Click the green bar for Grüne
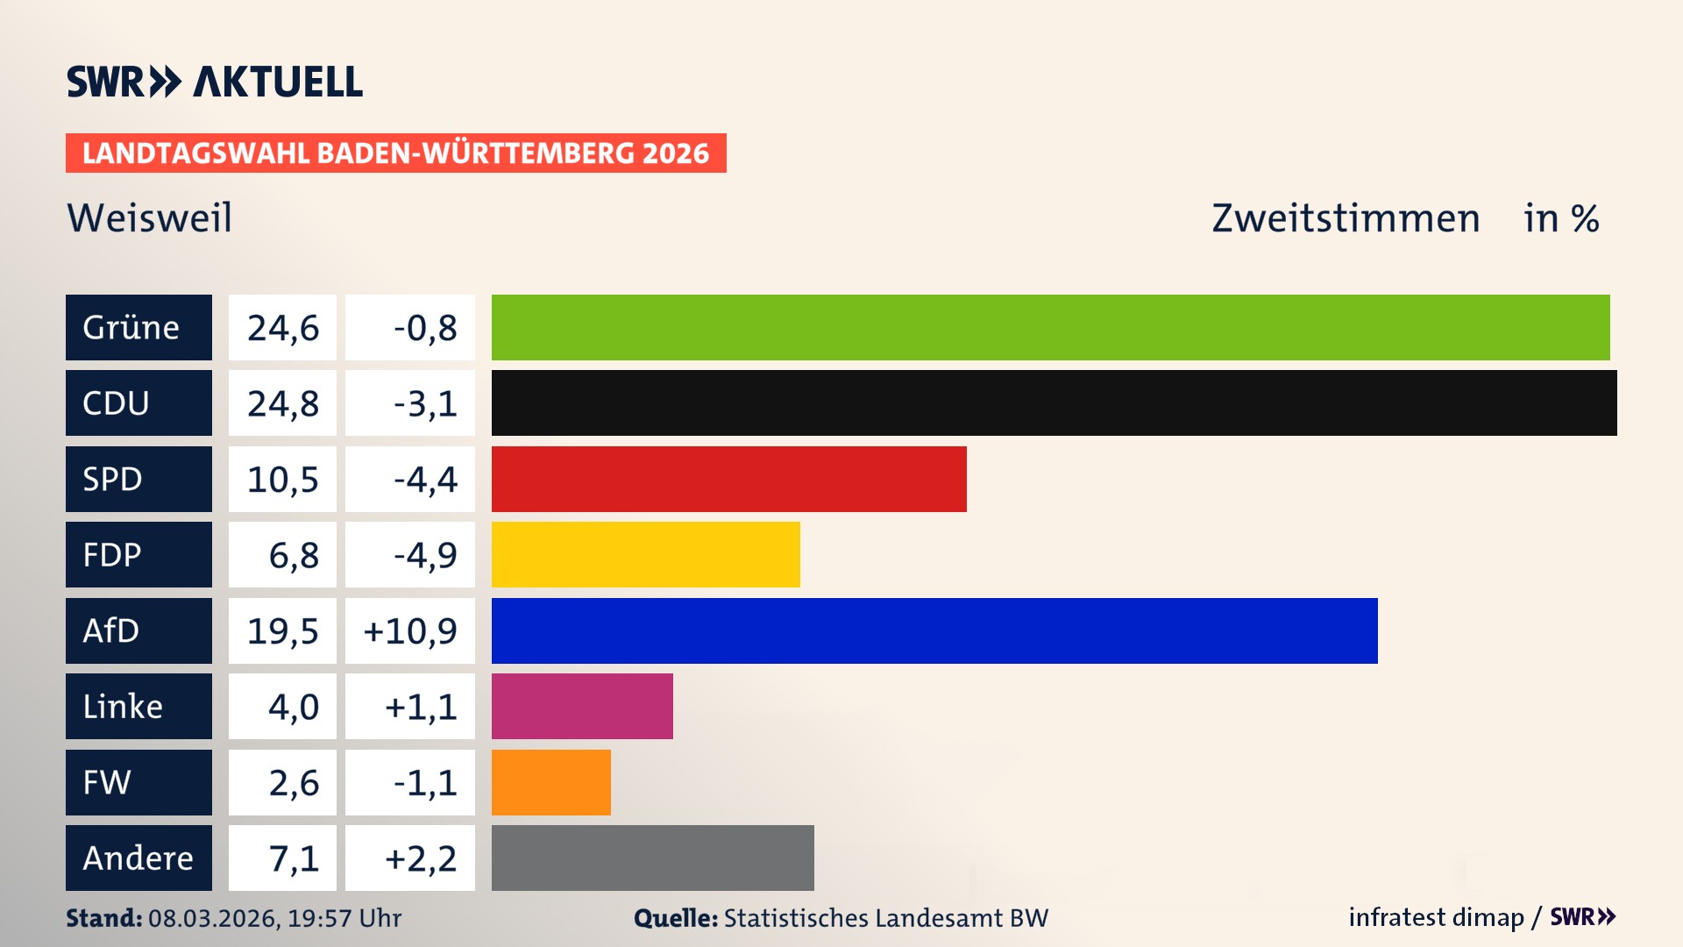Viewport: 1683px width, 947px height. click(1050, 327)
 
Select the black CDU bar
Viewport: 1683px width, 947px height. click(1054, 402)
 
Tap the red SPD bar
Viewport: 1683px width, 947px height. click(728, 479)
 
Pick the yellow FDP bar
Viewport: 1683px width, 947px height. click(645, 554)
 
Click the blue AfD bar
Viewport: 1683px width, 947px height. click(934, 630)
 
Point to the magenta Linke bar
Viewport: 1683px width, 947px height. click(582, 706)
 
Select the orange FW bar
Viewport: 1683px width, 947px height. click(550, 782)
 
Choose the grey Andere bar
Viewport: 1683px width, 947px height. click(652, 858)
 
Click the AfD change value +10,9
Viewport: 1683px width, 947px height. click(410, 631)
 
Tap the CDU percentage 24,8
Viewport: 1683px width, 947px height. click(282, 403)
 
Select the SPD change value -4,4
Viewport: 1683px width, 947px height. click(425, 480)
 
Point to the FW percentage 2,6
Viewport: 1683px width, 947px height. click(294, 782)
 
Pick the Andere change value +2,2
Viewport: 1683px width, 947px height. click(421, 858)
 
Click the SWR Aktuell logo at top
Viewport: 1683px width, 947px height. click(214, 82)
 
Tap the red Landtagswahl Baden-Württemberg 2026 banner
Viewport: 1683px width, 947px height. click(395, 153)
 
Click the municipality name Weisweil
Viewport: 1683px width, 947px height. click(150, 217)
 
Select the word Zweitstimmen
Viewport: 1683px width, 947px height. click(1346, 217)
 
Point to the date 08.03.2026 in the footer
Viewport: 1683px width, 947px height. click(212, 918)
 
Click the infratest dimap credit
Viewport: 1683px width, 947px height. click(1435, 917)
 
